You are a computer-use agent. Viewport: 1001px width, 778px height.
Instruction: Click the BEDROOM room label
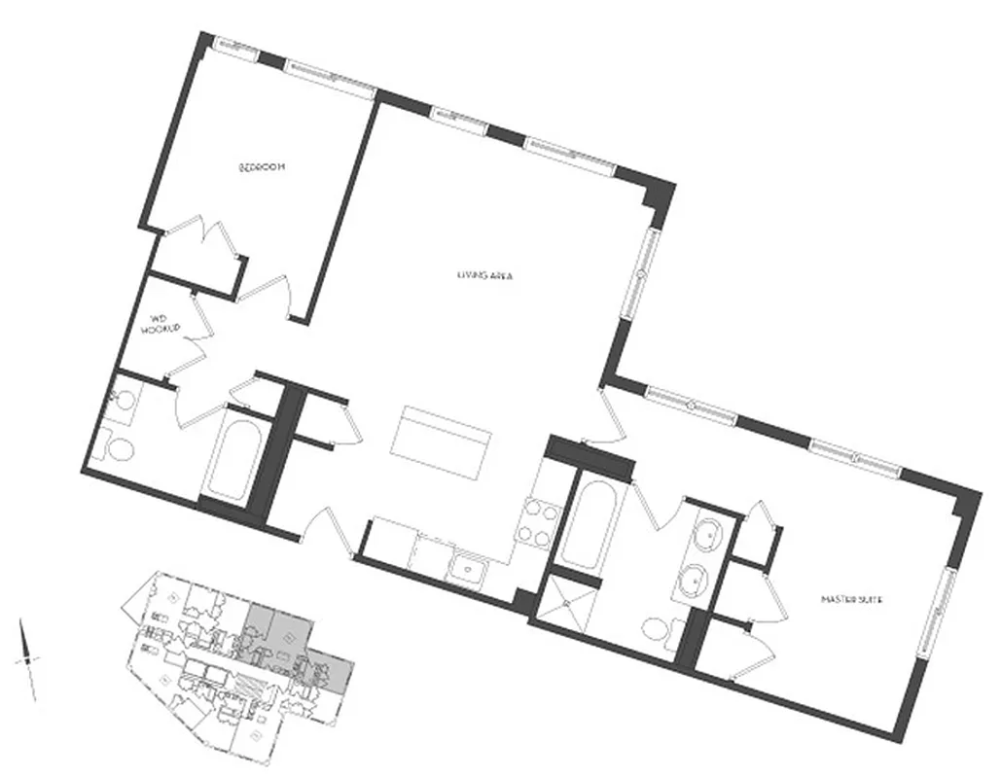(262, 168)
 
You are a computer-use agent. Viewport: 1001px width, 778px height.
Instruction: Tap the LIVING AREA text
(484, 275)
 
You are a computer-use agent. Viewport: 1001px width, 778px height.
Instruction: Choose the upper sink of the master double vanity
(707, 534)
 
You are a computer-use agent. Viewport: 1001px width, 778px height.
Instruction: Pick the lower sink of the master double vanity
(694, 581)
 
